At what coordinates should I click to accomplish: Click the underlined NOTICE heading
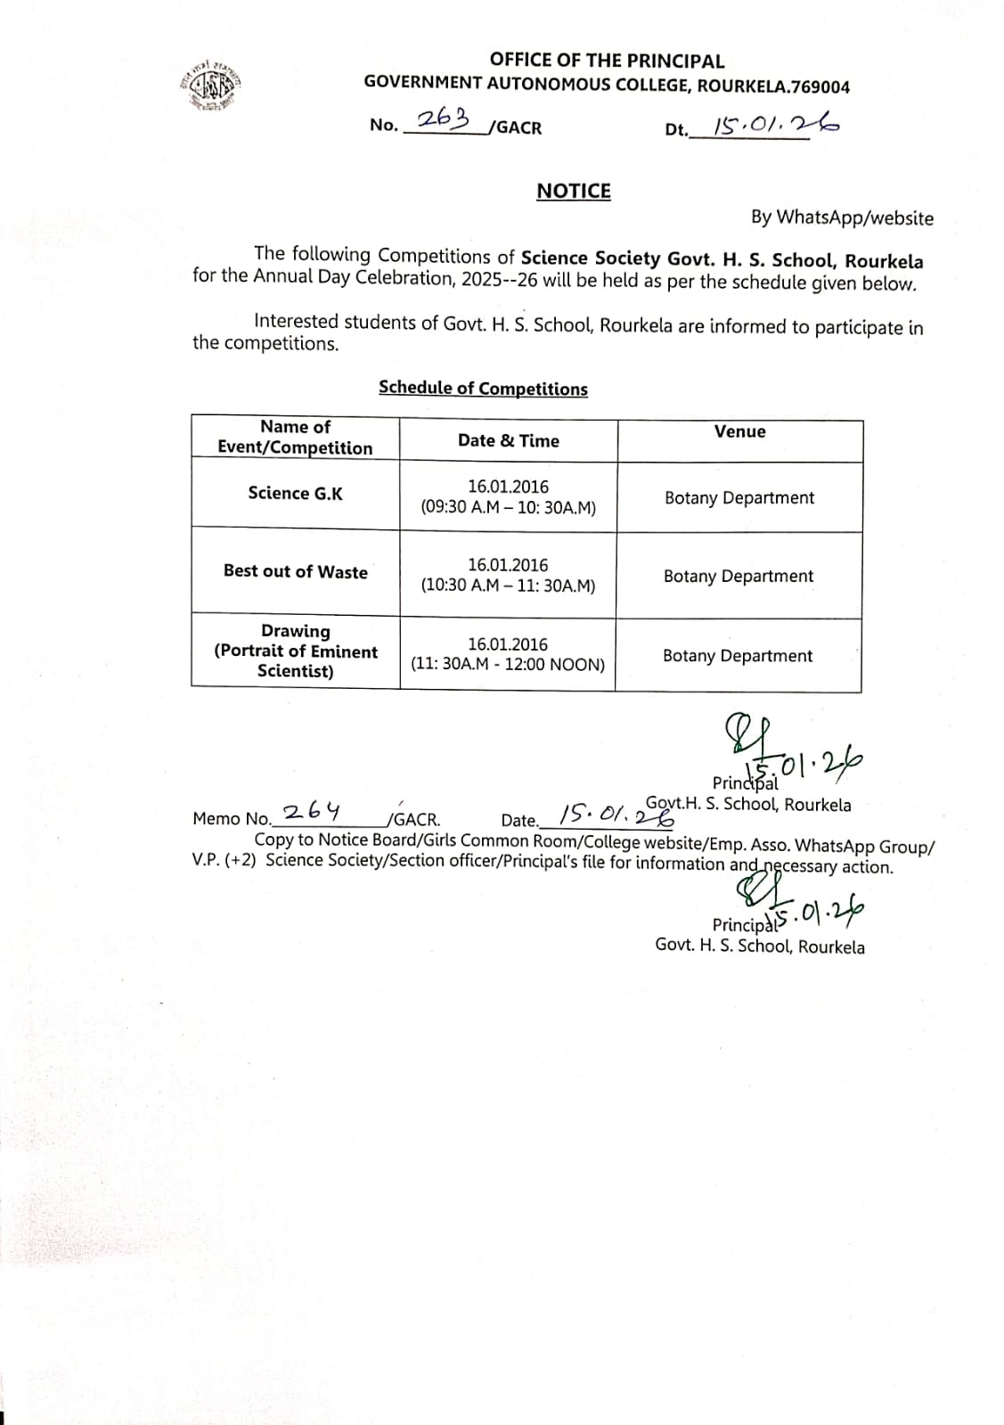coord(573,191)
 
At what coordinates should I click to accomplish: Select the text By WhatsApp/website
coord(842,217)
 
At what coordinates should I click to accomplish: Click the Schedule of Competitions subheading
coord(483,388)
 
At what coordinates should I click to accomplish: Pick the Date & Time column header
coord(508,440)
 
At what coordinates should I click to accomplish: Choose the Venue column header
coord(739,431)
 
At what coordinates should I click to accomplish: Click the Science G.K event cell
coord(295,493)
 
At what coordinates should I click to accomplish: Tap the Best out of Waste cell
coord(295,571)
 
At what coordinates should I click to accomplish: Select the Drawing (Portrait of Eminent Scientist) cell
coord(295,651)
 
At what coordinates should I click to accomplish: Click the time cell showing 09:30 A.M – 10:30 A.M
coord(508,497)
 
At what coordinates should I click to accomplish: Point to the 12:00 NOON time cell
coord(508,654)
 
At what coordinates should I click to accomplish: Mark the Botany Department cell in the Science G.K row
coord(739,497)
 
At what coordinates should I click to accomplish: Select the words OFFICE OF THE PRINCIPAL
coord(607,61)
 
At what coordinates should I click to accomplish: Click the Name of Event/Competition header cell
coord(295,438)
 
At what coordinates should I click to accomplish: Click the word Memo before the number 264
coord(216,818)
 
